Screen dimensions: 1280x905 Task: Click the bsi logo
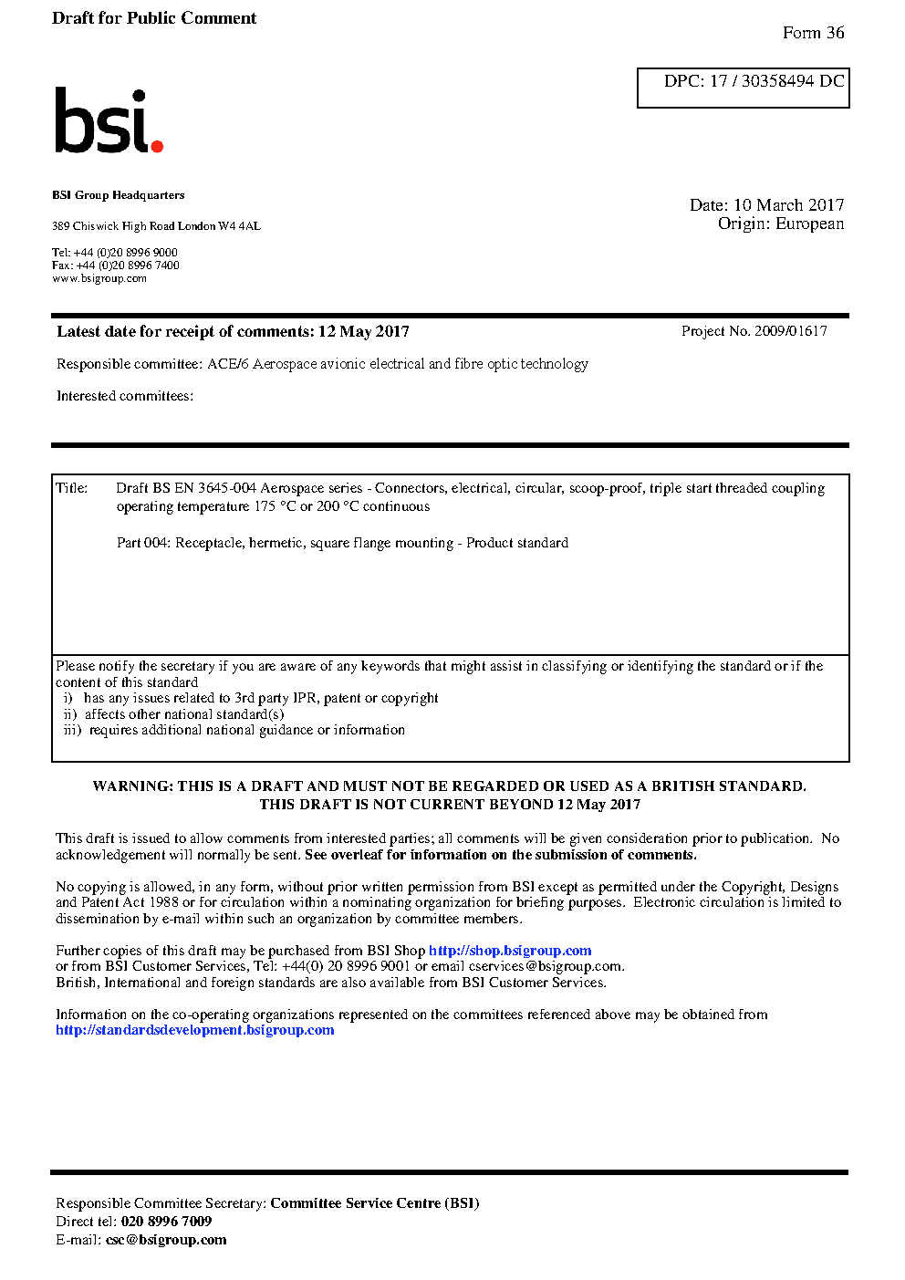[108, 121]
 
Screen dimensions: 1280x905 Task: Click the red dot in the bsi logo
[157, 146]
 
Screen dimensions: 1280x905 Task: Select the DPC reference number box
[743, 88]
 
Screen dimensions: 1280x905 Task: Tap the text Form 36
[813, 33]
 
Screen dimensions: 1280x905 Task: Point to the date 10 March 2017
[788, 205]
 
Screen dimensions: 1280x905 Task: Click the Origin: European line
[780, 224]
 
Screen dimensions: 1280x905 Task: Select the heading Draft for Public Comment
[154, 18]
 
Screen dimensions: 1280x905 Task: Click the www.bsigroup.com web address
[99, 279]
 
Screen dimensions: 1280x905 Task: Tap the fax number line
[116, 265]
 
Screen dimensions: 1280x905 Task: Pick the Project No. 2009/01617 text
[754, 331]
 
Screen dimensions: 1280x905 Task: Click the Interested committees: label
[125, 396]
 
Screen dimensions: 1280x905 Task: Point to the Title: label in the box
[72, 488]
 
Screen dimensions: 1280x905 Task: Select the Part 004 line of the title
[342, 543]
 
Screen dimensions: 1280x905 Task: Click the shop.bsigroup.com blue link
[510, 951]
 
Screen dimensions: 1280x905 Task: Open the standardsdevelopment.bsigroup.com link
[195, 1030]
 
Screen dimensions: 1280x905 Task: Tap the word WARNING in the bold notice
[130, 786]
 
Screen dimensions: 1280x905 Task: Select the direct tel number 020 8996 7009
[166, 1222]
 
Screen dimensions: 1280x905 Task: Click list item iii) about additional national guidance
[234, 730]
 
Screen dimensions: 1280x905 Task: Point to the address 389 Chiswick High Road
[156, 226]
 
